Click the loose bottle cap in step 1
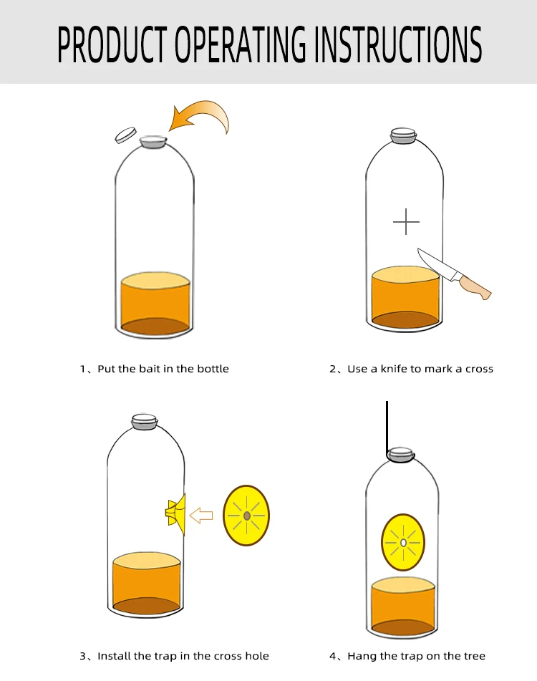[x=125, y=134]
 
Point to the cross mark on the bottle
[x=406, y=222]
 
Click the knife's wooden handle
[x=474, y=286]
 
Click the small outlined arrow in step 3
[x=203, y=515]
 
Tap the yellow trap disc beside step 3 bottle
[x=246, y=516]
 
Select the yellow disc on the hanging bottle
[x=403, y=542]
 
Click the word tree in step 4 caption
[x=474, y=656]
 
